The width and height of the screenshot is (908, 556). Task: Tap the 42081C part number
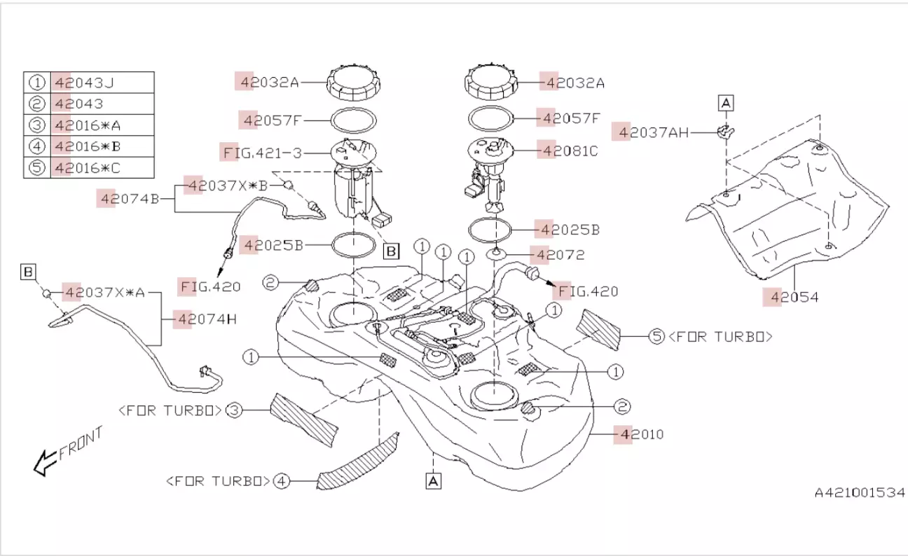pos(568,150)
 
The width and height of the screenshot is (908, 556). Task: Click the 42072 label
pos(560,255)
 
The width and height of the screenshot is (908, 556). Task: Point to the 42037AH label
pos(649,132)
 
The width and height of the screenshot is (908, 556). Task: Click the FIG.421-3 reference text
pos(263,152)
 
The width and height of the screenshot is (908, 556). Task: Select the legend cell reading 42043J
pos(85,83)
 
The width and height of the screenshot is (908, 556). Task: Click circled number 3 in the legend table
pos(37,125)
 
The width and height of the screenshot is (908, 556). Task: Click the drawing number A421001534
pos(860,493)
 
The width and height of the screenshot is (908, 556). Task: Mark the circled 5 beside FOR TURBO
pos(656,337)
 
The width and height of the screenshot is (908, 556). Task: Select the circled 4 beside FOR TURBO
pos(281,481)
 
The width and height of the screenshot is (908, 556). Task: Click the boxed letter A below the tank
pos(434,480)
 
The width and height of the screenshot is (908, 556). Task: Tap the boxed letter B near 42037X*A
pos(28,271)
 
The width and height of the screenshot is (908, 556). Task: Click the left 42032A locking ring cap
pos(355,83)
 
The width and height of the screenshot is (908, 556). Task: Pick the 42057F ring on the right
pos(490,118)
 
